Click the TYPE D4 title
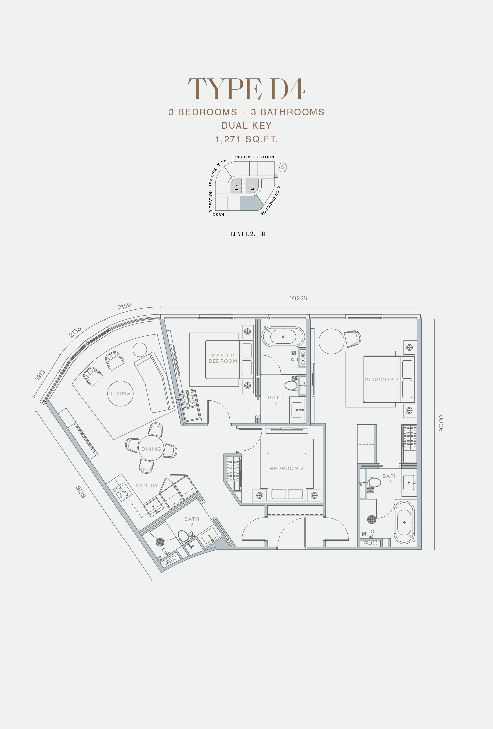pos(246,89)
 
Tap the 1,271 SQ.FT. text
pos(247,139)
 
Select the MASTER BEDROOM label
pos(223,358)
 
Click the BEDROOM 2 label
pos(287,468)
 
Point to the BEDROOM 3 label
pos(382,380)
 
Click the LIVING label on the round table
pos(120,393)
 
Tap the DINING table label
pos(151,449)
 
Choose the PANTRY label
pos(147,486)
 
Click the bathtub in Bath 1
pos(283,337)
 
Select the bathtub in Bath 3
pos(404,522)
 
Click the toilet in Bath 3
pos(374,483)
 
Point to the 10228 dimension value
pos(298,298)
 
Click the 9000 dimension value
pos(441,424)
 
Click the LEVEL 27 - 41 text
pos(248,234)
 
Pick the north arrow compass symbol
pos(282,167)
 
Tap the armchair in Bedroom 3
pos(352,339)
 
